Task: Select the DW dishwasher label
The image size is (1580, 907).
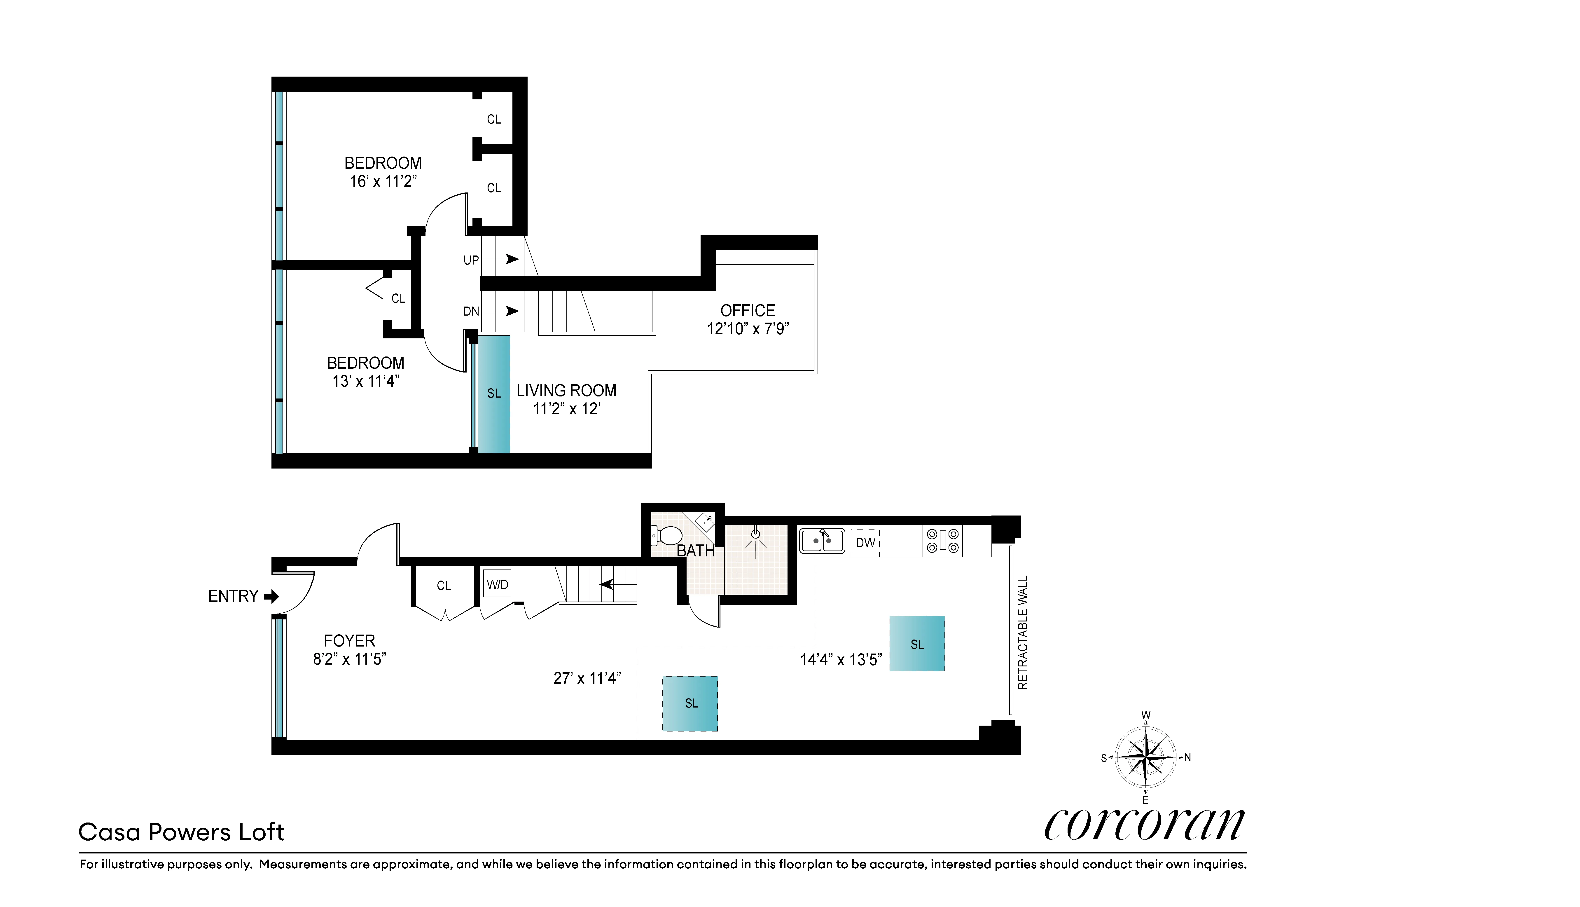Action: coord(865,543)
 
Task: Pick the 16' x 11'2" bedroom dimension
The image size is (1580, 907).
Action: coord(383,181)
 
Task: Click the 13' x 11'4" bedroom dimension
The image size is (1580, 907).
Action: coord(366,381)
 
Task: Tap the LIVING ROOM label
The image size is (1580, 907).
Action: coord(566,391)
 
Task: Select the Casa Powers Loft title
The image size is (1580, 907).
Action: coord(181,832)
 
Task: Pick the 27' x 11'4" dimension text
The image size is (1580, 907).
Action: coord(587,678)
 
